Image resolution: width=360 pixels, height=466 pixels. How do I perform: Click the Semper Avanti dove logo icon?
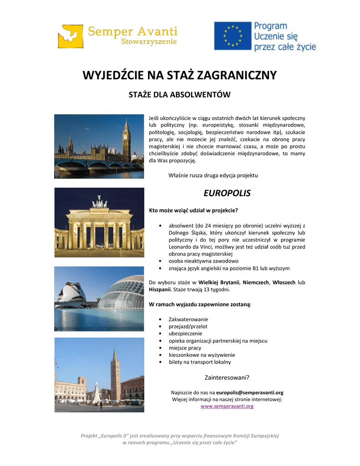71,35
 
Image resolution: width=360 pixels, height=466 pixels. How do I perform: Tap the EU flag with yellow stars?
233,35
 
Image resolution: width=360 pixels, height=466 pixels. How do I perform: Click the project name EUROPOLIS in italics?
227,193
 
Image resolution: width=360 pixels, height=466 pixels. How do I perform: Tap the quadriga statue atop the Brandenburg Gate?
99,203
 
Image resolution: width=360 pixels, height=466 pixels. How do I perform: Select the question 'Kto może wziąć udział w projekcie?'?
194,210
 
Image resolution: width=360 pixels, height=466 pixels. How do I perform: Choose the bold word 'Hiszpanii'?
160,289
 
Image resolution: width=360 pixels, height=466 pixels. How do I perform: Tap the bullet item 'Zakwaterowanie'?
188,319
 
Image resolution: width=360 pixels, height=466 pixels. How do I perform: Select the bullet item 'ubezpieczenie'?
185,334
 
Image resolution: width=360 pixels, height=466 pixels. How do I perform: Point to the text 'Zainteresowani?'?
227,377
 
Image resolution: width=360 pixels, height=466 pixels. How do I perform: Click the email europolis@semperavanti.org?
250,392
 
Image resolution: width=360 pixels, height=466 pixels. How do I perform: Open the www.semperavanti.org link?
227,406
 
